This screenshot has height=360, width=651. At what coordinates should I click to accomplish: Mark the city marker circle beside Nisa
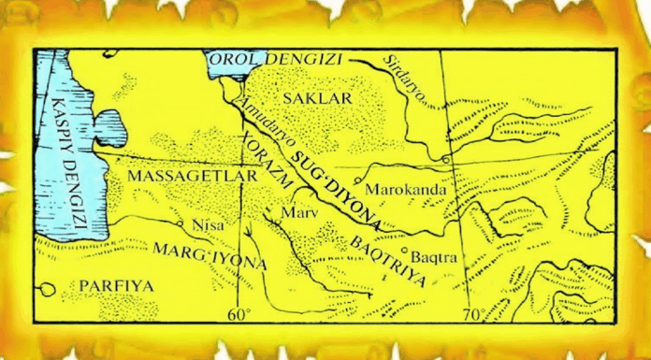pos(180,224)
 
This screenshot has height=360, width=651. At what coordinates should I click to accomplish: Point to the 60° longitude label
pos(241,313)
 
